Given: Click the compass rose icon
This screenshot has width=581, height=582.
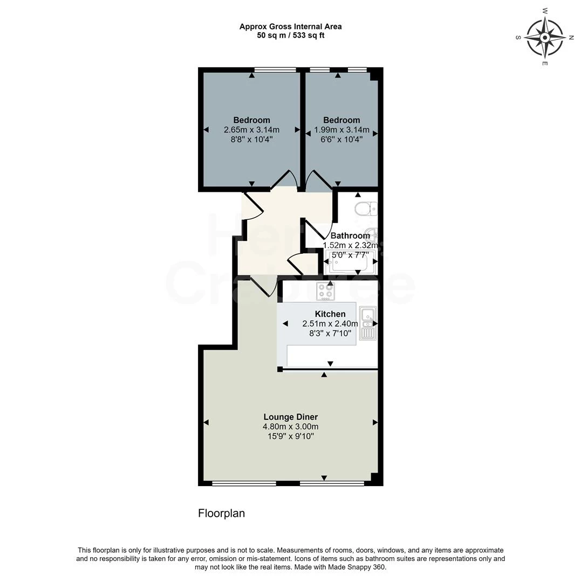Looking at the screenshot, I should pyautogui.click(x=545, y=38).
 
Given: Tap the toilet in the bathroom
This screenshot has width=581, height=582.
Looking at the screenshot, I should pyautogui.click(x=366, y=208).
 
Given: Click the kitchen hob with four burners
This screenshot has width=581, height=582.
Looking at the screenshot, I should pyautogui.click(x=325, y=291).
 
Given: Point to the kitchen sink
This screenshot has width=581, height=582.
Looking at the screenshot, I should pyautogui.click(x=367, y=323).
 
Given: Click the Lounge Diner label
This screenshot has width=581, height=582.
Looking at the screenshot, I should pyautogui.click(x=290, y=417).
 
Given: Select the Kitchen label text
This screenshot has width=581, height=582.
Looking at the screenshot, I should pyautogui.click(x=330, y=314).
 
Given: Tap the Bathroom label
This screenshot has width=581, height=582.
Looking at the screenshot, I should pyautogui.click(x=350, y=235).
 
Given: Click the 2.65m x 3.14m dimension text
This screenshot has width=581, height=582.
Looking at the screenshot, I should pyautogui.click(x=251, y=129).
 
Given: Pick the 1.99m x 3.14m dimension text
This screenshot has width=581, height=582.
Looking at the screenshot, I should pyautogui.click(x=341, y=129).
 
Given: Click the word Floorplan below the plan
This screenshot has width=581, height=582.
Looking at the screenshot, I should pyautogui.click(x=221, y=513).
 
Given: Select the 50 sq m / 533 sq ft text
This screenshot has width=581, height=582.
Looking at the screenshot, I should pyautogui.click(x=290, y=36).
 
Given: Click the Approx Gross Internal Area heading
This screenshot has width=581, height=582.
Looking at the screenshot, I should pyautogui.click(x=290, y=26).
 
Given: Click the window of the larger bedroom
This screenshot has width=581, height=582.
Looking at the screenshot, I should pyautogui.click(x=275, y=70).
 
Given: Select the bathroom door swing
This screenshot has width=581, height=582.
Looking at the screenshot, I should pyautogui.click(x=316, y=230).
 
